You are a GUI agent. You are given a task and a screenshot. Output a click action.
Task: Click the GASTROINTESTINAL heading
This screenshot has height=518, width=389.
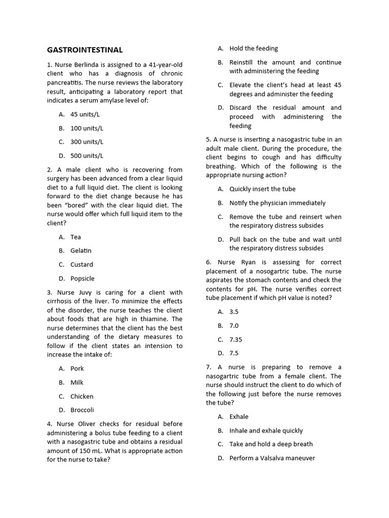coord(85,50)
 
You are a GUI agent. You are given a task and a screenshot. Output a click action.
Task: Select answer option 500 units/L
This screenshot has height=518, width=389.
coord(87,156)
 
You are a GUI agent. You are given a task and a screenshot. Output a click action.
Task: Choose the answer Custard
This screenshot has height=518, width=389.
coord(82,265)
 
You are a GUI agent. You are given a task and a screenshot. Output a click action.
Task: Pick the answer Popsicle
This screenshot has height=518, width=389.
coord(82,278)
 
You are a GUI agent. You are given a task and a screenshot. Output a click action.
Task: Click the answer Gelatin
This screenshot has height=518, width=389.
coord(81,250)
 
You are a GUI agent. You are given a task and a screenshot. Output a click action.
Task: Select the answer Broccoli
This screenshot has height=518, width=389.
coord(82,410)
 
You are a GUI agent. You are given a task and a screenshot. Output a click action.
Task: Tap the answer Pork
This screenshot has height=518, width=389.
coord(77,368)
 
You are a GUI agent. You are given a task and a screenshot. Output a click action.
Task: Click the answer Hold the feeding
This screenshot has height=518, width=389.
coord(253,49)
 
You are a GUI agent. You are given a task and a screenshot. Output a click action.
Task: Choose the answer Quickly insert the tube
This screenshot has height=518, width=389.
coord(262,189)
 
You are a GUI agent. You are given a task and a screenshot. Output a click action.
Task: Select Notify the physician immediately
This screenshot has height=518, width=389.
coord(277,203)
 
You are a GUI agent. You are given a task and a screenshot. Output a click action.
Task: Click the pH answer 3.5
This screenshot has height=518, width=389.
coord(234,312)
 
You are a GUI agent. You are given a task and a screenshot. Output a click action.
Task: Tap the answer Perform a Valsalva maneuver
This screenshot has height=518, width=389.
coord(272,458)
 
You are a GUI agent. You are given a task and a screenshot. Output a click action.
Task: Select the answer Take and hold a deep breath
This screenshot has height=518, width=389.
coord(271,444)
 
